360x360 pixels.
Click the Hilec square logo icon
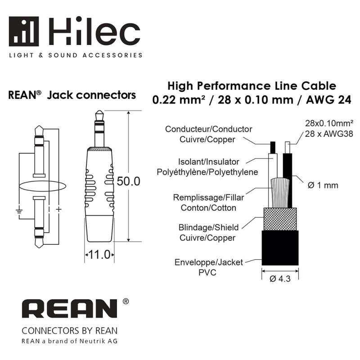[x=24, y=31]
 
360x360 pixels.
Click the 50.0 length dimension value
[x=128, y=181]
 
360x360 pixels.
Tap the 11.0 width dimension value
[x=99, y=255]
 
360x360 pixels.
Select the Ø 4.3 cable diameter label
[x=280, y=279]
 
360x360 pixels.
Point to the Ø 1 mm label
[x=323, y=185]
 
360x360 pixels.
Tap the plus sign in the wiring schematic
[x=59, y=209]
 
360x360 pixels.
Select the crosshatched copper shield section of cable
[x=280, y=219]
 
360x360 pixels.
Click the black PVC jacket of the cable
[x=280, y=248]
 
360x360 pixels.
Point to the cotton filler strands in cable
[x=279, y=193]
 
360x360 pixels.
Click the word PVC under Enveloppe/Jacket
[x=207, y=273]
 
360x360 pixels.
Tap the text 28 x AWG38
[x=329, y=134]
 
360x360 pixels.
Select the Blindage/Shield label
[x=208, y=227]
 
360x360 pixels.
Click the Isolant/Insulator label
[x=208, y=162]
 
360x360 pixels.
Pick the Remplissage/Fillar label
[x=208, y=198]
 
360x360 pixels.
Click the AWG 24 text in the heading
[x=328, y=99]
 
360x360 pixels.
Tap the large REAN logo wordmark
[x=69, y=309]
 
